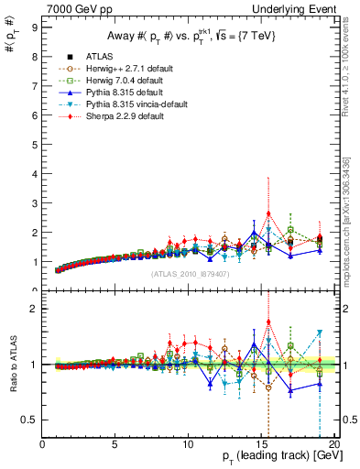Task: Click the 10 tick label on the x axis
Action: click(187, 444)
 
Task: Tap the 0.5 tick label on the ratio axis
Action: click(30, 420)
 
